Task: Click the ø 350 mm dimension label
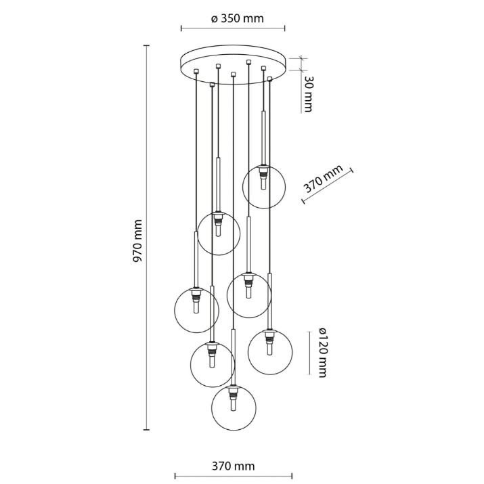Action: pos(238,18)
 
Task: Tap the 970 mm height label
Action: pos(137,241)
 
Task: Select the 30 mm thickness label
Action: pos(308,94)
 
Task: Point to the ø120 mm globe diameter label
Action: pos(322,352)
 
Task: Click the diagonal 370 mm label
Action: pos(323,179)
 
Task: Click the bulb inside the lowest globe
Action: pos(234,403)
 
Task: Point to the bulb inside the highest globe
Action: pos(263,184)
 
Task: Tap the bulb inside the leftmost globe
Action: pos(196,307)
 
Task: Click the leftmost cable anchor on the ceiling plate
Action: pos(196,71)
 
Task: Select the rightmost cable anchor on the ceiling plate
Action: pos(270,79)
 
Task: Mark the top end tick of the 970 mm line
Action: pos(146,45)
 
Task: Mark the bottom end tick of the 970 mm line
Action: pos(146,429)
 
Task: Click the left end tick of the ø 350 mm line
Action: pos(181,28)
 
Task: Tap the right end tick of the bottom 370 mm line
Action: pos(292,476)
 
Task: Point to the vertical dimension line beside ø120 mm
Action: pos(309,353)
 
